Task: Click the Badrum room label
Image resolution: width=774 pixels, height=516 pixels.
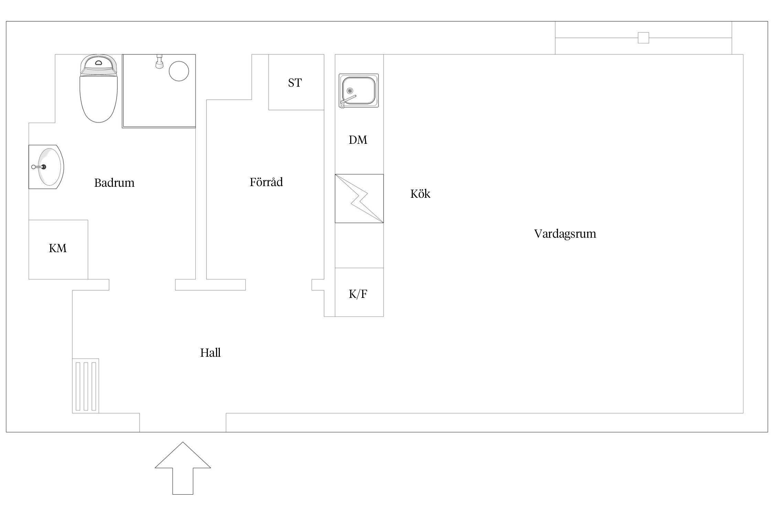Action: click(114, 183)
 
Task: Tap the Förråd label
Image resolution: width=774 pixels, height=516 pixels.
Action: click(266, 182)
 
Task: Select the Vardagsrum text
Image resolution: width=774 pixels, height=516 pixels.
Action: click(565, 234)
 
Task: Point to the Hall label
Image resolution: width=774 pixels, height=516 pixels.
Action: click(210, 353)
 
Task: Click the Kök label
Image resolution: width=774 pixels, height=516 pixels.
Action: click(420, 194)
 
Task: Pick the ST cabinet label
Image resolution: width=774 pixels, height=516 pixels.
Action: click(295, 83)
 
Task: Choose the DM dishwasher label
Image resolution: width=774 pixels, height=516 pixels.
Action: click(358, 140)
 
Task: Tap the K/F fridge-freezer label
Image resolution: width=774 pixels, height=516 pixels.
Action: click(358, 294)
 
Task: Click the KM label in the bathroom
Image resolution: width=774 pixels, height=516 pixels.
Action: click(57, 248)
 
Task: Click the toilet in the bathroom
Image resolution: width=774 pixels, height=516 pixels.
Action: click(99, 88)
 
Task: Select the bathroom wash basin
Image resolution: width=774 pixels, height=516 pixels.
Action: click(46, 167)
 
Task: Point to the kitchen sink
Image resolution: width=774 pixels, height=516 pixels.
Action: click(359, 90)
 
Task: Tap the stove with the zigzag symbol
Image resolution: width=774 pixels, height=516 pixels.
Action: click(359, 198)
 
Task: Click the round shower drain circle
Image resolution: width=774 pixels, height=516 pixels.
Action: click(179, 71)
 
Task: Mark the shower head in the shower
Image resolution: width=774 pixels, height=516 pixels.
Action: click(159, 62)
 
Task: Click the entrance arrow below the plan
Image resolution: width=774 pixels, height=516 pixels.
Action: click(183, 468)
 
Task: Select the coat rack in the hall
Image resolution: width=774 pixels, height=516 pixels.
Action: click(86, 386)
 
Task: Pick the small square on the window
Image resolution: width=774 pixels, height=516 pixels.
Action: click(643, 38)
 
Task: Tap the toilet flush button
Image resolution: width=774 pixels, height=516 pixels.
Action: click(99, 63)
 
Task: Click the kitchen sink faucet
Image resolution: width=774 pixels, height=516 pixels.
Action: click(347, 101)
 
